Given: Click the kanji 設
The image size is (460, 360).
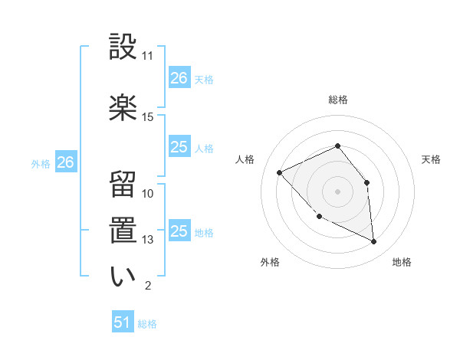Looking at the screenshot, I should click(123, 47).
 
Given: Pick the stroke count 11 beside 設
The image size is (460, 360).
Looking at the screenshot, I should click(148, 56).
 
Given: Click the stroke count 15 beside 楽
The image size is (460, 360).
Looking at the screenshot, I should click(148, 116).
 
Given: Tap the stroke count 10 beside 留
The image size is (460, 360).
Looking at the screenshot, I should click(148, 194).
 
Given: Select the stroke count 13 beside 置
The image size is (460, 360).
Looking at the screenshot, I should click(148, 240).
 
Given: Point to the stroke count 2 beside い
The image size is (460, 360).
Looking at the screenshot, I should click(147, 286).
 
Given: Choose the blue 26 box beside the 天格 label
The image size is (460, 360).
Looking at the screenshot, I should click(179, 78).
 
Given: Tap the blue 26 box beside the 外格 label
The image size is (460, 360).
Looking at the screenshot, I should click(66, 162).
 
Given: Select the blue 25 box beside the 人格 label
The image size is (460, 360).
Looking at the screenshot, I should click(179, 147).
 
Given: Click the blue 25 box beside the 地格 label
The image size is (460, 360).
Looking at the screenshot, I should click(179, 231).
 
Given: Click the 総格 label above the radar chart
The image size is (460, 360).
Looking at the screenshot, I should click(337, 100).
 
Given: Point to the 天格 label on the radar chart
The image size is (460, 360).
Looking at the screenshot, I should click(432, 159).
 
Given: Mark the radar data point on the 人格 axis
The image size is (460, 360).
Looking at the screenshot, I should click(280, 172).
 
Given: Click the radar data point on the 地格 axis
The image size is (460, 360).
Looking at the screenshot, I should click(373, 241).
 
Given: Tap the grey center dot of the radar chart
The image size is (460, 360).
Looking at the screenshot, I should click(337, 191).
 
